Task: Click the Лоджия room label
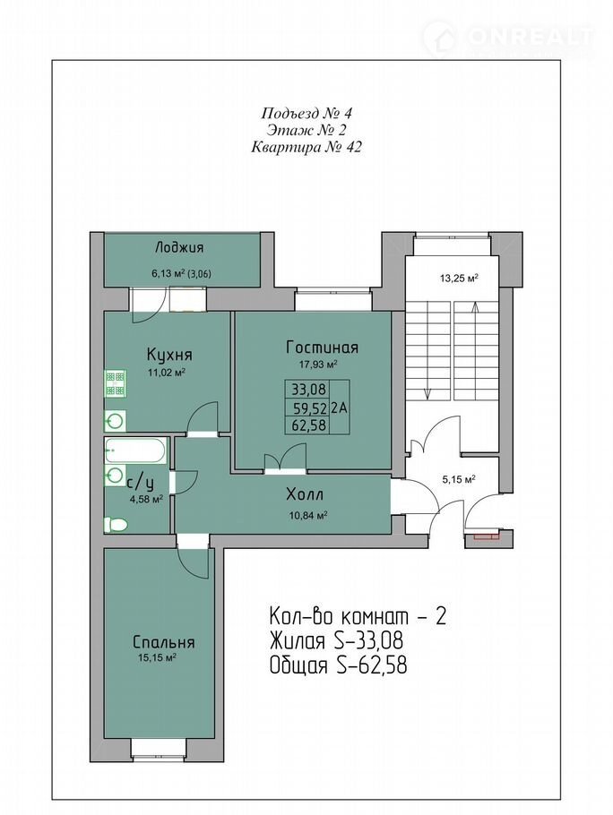179,248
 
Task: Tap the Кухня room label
169,355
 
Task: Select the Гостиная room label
323,347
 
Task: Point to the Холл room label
305,493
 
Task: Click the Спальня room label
164,642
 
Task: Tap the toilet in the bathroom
116,525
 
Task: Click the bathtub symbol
135,450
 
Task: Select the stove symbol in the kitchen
116,382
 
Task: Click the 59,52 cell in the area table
309,407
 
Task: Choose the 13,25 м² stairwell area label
459,278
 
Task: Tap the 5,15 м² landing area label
459,480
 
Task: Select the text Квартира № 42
306,148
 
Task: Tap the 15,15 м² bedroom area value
154,658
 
